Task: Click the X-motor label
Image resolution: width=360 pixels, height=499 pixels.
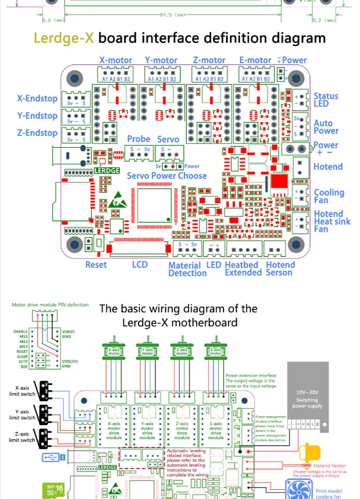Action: [115, 60]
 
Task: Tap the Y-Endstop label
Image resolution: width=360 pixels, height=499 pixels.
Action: [37, 116]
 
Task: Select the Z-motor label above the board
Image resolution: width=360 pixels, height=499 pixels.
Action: [209, 60]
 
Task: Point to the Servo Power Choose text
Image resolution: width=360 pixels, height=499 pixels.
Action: [167, 176]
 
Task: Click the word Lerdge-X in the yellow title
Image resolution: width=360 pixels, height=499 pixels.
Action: [64, 38]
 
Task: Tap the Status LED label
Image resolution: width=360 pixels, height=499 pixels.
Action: [325, 100]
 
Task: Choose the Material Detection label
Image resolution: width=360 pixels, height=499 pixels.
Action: [187, 269]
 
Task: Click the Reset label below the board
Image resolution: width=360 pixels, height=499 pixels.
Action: [96, 265]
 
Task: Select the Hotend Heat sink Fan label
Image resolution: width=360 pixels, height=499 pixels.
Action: [332, 221]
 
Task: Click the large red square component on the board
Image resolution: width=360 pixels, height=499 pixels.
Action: [279, 182]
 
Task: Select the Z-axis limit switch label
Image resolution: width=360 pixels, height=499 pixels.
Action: [22, 437]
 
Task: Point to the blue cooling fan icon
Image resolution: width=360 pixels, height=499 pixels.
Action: [299, 490]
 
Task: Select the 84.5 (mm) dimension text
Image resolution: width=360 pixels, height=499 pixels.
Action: [173, 15]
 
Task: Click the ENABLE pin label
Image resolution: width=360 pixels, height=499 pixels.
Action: [20, 332]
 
